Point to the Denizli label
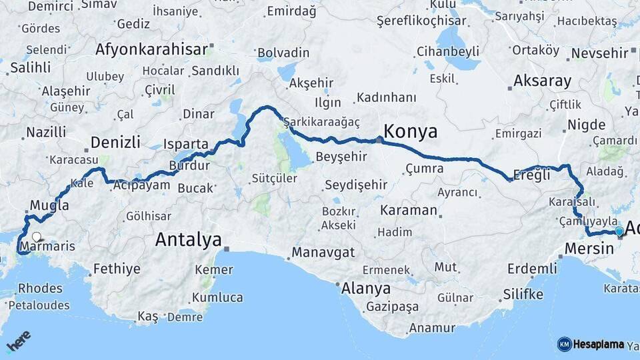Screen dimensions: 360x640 click(115, 142)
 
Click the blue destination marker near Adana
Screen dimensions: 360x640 click(619, 231)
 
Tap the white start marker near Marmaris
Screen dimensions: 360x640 click(36, 237)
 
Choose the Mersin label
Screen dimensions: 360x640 click(589, 249)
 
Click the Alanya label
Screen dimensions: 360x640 click(365, 289)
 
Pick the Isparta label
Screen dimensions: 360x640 click(187, 144)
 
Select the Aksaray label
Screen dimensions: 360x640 click(542, 81)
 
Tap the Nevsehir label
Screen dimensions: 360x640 click(600, 53)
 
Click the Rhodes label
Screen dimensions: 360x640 click(40, 289)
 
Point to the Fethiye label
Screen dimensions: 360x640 click(117, 269)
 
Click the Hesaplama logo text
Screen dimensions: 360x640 click(599, 344)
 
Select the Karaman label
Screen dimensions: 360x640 click(409, 210)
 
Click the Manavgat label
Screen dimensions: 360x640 click(323, 253)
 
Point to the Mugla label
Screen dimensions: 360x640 click(49, 205)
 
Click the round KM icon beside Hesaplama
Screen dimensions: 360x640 click(564, 344)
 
